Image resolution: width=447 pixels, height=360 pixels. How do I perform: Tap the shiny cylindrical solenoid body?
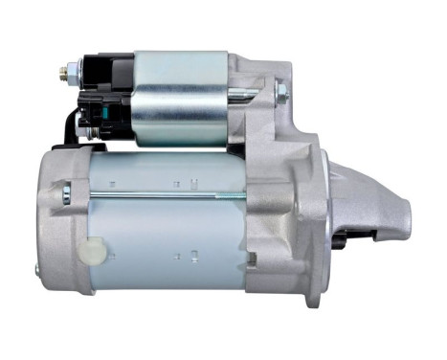point(182,101)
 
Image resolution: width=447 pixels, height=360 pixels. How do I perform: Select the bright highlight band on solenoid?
point(182,77)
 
